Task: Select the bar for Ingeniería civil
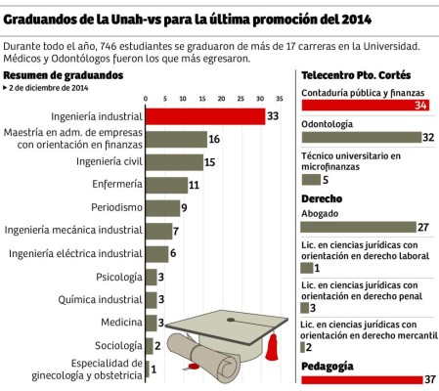[174, 162]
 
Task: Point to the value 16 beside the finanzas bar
[214, 140]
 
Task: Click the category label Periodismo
[116, 207]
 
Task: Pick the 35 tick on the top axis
[280, 99]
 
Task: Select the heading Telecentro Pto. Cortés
[356, 75]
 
